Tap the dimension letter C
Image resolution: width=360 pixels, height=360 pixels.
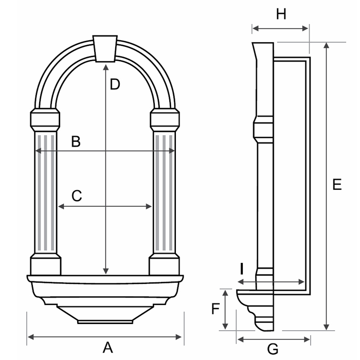pos(76,195)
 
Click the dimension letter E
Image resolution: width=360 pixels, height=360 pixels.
pos(337,185)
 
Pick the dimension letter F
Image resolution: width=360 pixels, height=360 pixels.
pos(216,309)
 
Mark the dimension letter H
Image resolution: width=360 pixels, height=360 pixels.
pos(281,14)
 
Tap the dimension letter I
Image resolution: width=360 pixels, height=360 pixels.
pos(241,269)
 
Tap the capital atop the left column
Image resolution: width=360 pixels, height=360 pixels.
pos(45,119)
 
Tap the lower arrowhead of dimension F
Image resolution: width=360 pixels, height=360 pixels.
pos(225,327)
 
